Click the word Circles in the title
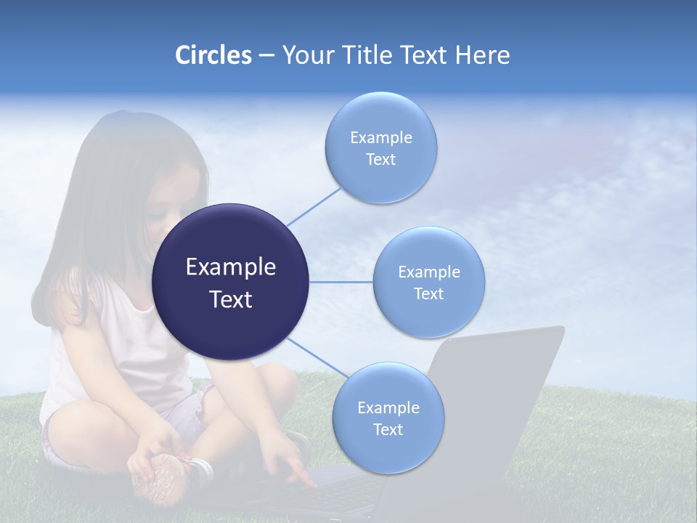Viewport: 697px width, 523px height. (213, 55)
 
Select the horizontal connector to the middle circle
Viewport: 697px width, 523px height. (341, 282)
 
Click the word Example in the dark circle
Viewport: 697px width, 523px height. (231, 267)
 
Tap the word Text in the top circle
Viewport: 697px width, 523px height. (381, 160)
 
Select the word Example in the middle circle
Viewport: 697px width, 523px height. (429, 272)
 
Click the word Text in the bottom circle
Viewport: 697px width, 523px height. (388, 430)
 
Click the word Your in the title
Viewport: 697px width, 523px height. (305, 55)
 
